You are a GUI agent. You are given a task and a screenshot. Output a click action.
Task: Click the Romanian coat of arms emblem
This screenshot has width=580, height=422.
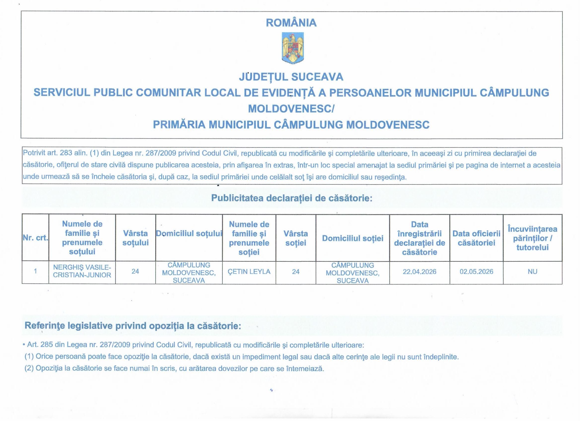(292, 48)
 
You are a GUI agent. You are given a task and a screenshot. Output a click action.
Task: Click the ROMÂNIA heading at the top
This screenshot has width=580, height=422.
(291, 23)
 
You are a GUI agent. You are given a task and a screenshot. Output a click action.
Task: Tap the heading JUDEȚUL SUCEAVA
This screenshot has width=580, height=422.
(291, 77)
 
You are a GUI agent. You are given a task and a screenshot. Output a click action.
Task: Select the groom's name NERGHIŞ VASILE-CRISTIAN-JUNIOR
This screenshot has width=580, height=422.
(82, 271)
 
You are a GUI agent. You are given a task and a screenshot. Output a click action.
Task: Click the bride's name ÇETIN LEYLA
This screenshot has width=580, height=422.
(249, 272)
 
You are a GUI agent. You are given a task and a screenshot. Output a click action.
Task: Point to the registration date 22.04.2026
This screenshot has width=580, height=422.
(419, 272)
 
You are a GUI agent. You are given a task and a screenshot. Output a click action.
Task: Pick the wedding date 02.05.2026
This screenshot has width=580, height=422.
(476, 272)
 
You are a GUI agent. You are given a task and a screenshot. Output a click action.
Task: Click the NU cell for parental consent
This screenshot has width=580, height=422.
(532, 272)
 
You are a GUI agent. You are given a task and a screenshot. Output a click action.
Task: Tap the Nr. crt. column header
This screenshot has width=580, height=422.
(35, 238)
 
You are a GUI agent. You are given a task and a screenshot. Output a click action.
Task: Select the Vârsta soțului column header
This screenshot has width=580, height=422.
(135, 238)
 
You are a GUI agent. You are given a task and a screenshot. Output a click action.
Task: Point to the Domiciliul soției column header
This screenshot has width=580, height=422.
(353, 238)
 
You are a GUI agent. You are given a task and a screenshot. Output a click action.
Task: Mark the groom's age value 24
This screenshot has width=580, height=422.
(135, 271)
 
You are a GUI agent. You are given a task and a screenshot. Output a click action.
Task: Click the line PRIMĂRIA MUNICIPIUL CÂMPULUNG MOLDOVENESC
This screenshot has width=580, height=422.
(291, 125)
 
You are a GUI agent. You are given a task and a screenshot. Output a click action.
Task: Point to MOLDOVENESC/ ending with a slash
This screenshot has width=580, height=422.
(291, 109)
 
